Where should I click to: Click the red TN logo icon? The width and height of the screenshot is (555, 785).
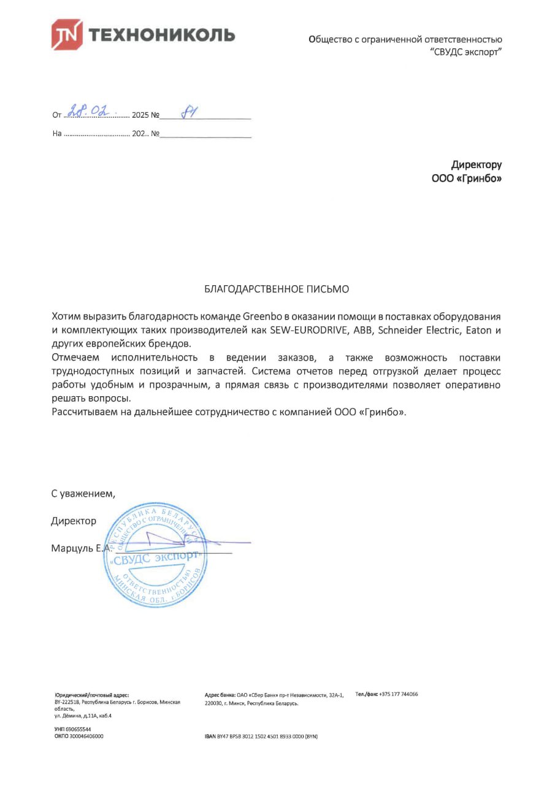tap(67, 34)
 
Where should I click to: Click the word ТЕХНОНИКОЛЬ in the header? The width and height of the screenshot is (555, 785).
tap(162, 35)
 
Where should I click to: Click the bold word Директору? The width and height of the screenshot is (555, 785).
tap(476, 164)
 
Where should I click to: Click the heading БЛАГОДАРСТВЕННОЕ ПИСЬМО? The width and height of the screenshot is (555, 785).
tap(277, 288)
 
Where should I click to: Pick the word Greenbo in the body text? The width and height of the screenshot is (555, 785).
tap(262, 316)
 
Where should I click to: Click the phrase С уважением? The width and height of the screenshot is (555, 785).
tap(83, 492)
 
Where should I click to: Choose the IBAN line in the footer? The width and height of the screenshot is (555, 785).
tap(261, 736)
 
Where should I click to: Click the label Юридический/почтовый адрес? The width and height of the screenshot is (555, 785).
tap(91, 694)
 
